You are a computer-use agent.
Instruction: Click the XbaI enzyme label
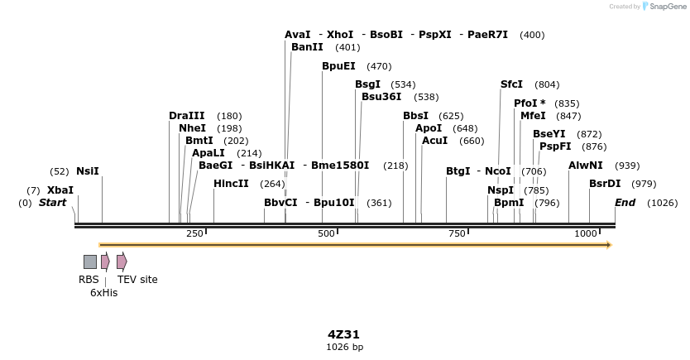click(x=60, y=190)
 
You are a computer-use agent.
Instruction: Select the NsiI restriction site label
click(x=87, y=171)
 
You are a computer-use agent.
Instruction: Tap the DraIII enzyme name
click(x=186, y=116)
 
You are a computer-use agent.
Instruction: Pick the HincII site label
click(x=231, y=184)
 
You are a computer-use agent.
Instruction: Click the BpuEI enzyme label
click(x=338, y=66)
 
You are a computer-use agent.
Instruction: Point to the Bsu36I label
click(x=381, y=97)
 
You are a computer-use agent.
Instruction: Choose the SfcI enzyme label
click(x=511, y=84)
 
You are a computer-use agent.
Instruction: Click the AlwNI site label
click(x=586, y=166)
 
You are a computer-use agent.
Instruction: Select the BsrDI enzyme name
click(x=605, y=184)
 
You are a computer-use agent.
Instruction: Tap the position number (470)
click(x=379, y=66)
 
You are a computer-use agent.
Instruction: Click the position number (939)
click(x=627, y=166)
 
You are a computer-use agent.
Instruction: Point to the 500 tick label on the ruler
click(x=325, y=234)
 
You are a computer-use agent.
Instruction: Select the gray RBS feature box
click(x=90, y=262)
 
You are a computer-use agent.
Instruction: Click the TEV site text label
click(x=137, y=280)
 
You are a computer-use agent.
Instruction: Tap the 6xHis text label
click(x=104, y=293)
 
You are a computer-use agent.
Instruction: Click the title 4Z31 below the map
click(x=344, y=334)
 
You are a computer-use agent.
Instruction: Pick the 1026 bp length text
click(x=344, y=348)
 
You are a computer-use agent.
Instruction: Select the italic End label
click(x=625, y=203)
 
